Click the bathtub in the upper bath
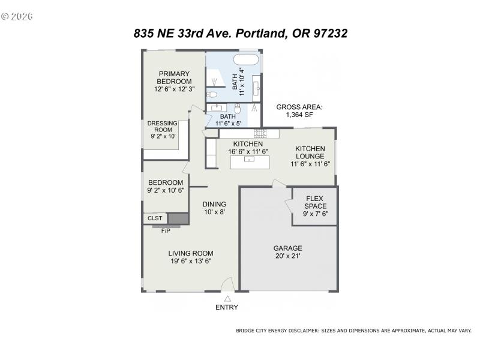click(x=245, y=60)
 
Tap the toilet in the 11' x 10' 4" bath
click(x=211, y=95)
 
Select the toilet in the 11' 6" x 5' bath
click(x=238, y=109)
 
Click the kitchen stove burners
click(x=260, y=133)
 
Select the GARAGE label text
click(x=288, y=248)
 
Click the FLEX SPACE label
click(x=315, y=202)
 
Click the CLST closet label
click(x=155, y=218)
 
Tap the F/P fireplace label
click(x=166, y=230)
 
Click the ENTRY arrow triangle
click(x=227, y=298)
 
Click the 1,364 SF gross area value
click(x=299, y=115)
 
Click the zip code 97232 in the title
click(x=328, y=34)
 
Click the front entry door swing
click(x=227, y=284)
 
